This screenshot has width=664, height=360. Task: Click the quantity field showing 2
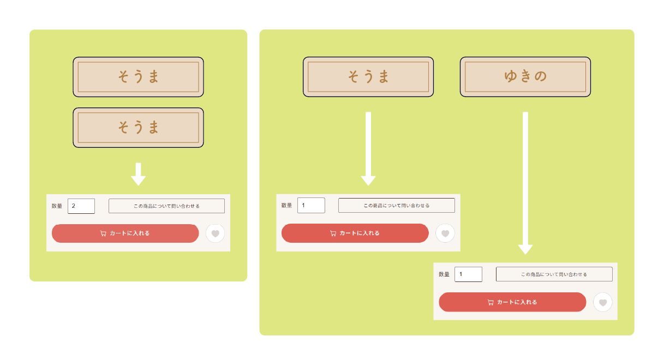click(x=81, y=206)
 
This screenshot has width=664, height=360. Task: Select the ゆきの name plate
click(x=525, y=77)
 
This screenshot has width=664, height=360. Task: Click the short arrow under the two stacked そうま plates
click(x=138, y=174)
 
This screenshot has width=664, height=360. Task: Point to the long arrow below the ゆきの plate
click(x=525, y=183)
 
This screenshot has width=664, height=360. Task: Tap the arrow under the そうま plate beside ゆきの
click(x=368, y=149)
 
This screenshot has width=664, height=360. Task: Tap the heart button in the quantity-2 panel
click(x=215, y=233)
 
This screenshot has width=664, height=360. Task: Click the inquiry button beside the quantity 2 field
click(x=166, y=206)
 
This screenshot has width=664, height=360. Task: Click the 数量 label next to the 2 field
click(x=57, y=206)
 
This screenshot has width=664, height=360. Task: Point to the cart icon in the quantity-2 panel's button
click(x=103, y=233)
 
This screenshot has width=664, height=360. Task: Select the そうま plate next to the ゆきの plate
click(x=368, y=77)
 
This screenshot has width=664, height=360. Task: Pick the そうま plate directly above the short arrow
click(x=138, y=128)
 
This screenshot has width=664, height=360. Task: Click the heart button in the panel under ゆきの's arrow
click(x=603, y=302)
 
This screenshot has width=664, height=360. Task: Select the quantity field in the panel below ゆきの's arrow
click(x=468, y=274)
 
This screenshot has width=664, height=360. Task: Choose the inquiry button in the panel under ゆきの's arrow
click(x=554, y=274)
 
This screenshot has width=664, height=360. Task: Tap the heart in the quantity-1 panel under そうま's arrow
click(x=445, y=233)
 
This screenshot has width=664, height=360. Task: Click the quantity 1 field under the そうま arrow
click(x=311, y=205)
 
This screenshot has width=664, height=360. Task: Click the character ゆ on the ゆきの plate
click(x=511, y=76)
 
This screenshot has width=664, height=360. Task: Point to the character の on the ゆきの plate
click(x=540, y=76)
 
